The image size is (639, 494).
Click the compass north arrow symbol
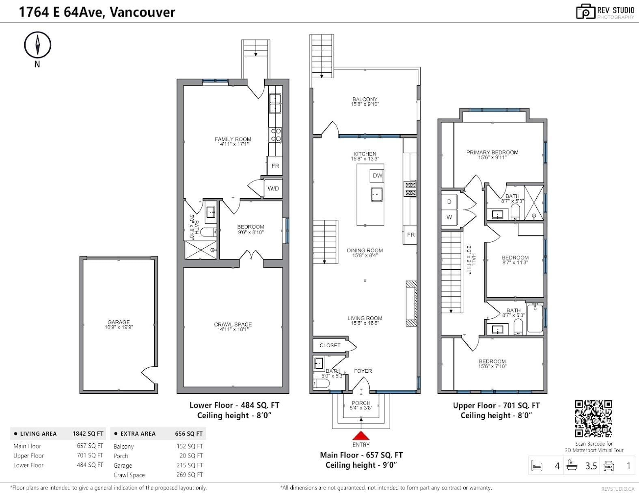(37, 45)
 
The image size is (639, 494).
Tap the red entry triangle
(361, 435)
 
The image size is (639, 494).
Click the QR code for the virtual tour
(594, 419)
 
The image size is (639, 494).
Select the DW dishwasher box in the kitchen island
(377, 176)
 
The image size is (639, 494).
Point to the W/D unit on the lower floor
(273, 188)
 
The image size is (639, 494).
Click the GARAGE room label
(119, 322)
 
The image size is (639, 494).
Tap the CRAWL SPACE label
(233, 324)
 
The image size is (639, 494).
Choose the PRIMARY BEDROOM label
(492, 152)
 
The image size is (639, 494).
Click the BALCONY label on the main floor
(365, 99)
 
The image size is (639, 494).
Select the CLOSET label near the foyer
(330, 346)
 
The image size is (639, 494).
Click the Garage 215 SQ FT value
(190, 465)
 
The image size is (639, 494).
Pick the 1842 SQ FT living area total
(88, 434)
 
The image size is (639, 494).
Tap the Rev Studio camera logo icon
(586, 12)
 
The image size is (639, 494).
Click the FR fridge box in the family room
(275, 166)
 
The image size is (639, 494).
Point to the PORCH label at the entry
(361, 403)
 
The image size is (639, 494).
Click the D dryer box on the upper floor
(449, 202)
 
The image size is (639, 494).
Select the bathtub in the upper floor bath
(535, 318)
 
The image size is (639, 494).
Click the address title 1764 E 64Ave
(97, 12)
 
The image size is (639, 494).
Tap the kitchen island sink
(377, 194)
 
